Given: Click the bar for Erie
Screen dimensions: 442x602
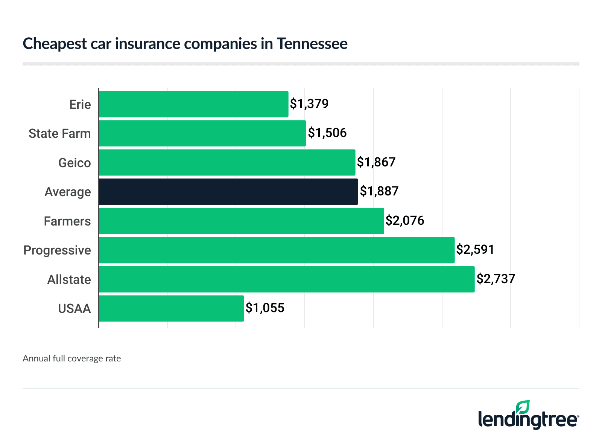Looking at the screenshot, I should pyautogui.click(x=193, y=104).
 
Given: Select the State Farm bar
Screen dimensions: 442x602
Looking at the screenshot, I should pyautogui.click(x=202, y=133).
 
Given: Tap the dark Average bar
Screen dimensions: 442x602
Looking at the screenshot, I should pyautogui.click(x=228, y=192).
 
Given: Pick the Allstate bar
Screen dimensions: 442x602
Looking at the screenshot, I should pyautogui.click(x=287, y=279).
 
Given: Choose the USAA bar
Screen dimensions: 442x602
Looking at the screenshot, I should pyautogui.click(x=171, y=308).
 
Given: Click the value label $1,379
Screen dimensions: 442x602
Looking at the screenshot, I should pyautogui.click(x=309, y=104).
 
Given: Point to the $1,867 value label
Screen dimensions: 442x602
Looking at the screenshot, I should pyautogui.click(x=376, y=162).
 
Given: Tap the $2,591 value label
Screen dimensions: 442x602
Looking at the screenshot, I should pyautogui.click(x=475, y=250).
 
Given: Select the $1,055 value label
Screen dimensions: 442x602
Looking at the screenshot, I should pyautogui.click(x=265, y=308).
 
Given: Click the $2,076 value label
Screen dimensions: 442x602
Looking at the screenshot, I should pyautogui.click(x=405, y=221).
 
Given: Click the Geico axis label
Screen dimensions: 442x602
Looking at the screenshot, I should pyautogui.click(x=74, y=163).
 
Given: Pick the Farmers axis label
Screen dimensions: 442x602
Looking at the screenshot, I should pyautogui.click(x=67, y=221).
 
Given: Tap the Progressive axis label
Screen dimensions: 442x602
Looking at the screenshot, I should pyautogui.click(x=57, y=250).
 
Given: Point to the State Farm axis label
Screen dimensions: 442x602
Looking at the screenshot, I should pyautogui.click(x=60, y=134).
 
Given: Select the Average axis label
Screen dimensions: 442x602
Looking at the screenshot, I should pyautogui.click(x=68, y=192).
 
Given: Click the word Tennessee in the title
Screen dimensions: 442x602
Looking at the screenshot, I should pyautogui.click(x=312, y=44).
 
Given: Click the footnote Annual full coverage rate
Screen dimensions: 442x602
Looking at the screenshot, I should pyautogui.click(x=72, y=358).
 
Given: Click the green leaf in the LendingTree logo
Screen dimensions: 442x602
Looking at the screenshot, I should pyautogui.click(x=523, y=407).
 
